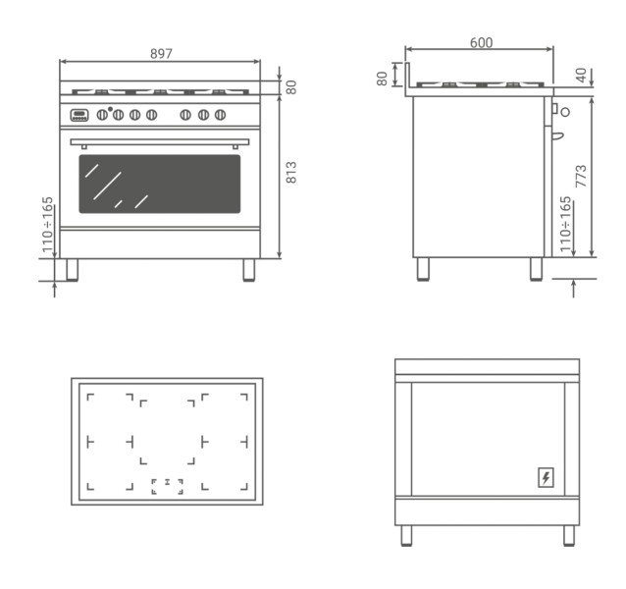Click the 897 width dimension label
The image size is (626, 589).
pos(161,53)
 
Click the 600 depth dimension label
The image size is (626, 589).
pos(481,42)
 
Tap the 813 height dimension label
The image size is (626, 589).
pos(291,172)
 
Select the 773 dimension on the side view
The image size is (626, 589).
pos(581,176)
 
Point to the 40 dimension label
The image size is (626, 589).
pos(581,75)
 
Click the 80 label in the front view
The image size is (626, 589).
pos(291,87)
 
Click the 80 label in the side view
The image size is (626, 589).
pos(382,79)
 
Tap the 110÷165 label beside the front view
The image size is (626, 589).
pos(47,224)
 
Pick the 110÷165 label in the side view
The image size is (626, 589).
pos(565,224)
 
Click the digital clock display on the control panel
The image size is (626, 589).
pos(79,115)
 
